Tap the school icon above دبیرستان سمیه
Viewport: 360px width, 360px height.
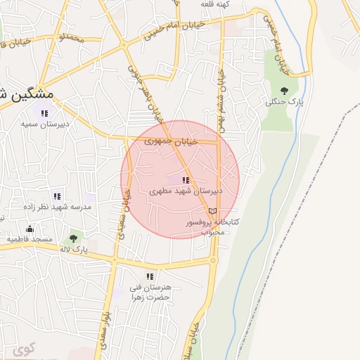(44, 113)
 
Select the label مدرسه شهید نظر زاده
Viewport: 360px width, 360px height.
(57, 207)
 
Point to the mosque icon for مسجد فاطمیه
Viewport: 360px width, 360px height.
(30, 229)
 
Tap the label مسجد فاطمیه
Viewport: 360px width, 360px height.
(30, 240)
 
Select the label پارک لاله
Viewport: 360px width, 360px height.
(73, 250)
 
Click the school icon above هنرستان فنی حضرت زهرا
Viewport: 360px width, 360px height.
(149, 276)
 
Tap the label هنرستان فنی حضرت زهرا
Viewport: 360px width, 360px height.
(150, 292)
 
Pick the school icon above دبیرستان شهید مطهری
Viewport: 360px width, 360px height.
(186, 180)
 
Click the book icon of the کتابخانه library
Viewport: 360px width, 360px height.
(212, 211)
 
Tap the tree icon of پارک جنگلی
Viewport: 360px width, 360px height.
(284, 91)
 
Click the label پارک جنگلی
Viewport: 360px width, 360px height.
(284, 101)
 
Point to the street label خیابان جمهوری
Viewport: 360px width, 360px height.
(172, 141)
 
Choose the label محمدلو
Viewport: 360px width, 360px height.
(71, 37)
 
